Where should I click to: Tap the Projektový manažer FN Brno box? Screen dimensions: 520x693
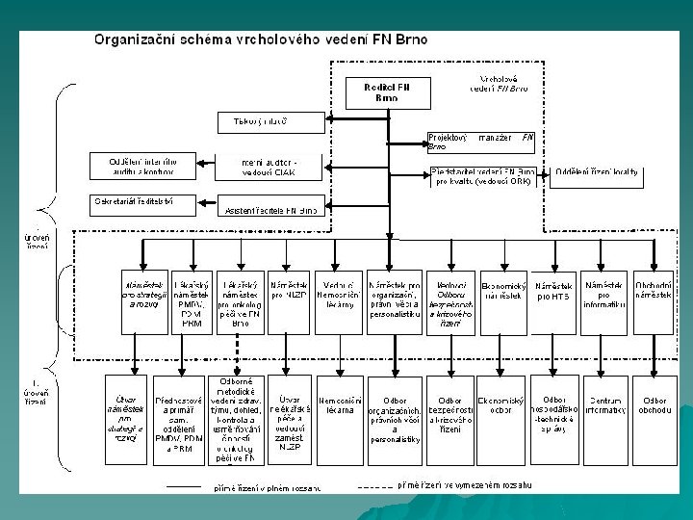click(x=479, y=142)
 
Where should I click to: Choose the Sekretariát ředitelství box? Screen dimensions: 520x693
click(x=142, y=202)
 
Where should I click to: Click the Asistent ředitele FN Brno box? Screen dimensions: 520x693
click(x=269, y=208)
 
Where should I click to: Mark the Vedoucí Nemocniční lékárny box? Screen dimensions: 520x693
click(x=338, y=295)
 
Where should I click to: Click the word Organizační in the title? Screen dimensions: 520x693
click(x=136, y=40)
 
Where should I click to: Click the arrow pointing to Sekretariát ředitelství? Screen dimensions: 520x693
click(x=203, y=202)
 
